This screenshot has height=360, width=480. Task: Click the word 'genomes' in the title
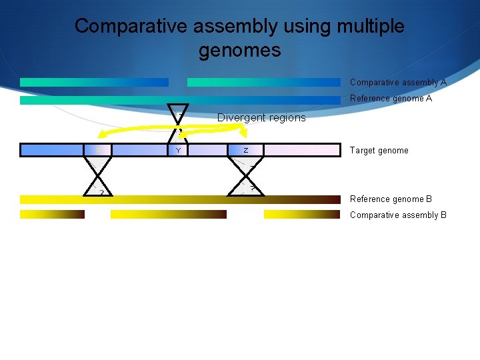(239, 50)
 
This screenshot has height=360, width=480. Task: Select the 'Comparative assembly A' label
(398, 83)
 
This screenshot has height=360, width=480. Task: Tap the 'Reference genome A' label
(391, 99)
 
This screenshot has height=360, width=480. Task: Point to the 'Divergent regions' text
(261, 118)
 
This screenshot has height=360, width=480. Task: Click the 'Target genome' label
(379, 151)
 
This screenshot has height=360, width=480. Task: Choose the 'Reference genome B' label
(391, 199)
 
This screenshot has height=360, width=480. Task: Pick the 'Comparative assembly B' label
(398, 215)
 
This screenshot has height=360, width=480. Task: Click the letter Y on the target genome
(178, 151)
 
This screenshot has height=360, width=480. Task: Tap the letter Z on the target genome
(245, 151)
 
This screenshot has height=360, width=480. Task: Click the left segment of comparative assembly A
(94, 83)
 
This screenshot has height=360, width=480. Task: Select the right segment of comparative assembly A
(263, 83)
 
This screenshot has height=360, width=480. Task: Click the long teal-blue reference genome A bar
(180, 100)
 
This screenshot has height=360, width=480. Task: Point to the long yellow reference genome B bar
(180, 199)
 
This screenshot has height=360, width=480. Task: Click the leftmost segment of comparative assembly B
(52, 215)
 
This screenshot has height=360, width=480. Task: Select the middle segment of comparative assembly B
(168, 215)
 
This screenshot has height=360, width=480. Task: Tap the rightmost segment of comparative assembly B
(302, 215)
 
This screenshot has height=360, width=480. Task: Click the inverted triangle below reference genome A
(178, 113)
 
